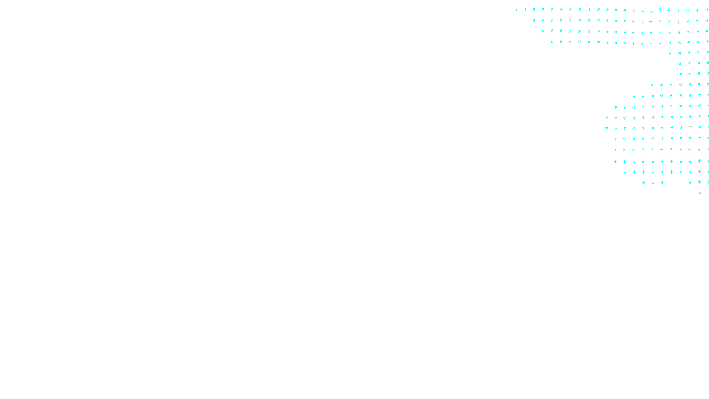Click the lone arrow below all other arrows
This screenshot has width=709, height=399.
click(x=700, y=192)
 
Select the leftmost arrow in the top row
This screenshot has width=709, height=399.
click(x=516, y=9)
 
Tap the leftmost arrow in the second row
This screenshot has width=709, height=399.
click(x=534, y=20)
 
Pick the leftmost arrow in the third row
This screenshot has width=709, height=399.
click(x=542, y=31)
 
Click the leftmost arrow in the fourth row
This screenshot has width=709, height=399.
click(x=552, y=42)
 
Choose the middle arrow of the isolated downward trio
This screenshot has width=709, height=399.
click(x=653, y=182)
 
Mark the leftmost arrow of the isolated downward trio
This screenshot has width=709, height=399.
click(x=643, y=182)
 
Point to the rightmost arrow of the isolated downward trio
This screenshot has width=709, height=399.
click(x=662, y=182)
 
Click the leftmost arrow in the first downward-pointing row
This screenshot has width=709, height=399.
click(x=615, y=161)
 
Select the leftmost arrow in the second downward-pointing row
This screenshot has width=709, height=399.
click(x=625, y=172)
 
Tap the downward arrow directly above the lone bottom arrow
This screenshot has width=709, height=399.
click(x=700, y=182)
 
